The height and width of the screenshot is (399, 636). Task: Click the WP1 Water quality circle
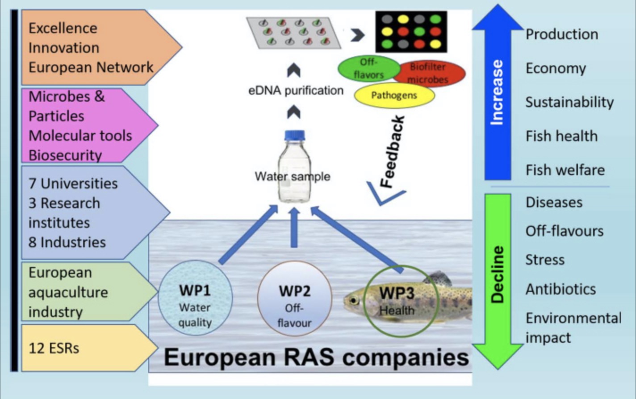[x=195, y=298]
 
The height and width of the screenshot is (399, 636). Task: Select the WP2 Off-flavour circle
[x=294, y=298]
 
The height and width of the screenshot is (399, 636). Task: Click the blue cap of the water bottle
[x=294, y=135]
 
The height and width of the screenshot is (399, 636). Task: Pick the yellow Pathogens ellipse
[x=394, y=96]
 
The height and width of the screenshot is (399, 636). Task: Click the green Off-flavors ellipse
[x=368, y=68]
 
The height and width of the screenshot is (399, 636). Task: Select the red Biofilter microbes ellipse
[x=428, y=73]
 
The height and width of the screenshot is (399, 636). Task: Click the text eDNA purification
[x=296, y=91]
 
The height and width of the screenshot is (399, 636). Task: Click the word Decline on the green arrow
[x=497, y=274]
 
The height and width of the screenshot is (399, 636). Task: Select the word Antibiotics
[x=561, y=289]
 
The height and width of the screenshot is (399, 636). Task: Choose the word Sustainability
[x=569, y=102]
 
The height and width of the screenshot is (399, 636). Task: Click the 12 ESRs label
[x=54, y=348]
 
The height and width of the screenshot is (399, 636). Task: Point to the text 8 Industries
[x=67, y=242]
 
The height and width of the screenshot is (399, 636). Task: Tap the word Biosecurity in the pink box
[x=65, y=155]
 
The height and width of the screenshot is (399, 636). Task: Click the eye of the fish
[x=354, y=300]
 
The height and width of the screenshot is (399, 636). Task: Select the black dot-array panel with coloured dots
[x=411, y=31]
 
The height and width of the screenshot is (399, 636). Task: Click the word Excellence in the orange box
[x=63, y=28]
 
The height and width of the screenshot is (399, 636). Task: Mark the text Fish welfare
[x=565, y=170]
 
